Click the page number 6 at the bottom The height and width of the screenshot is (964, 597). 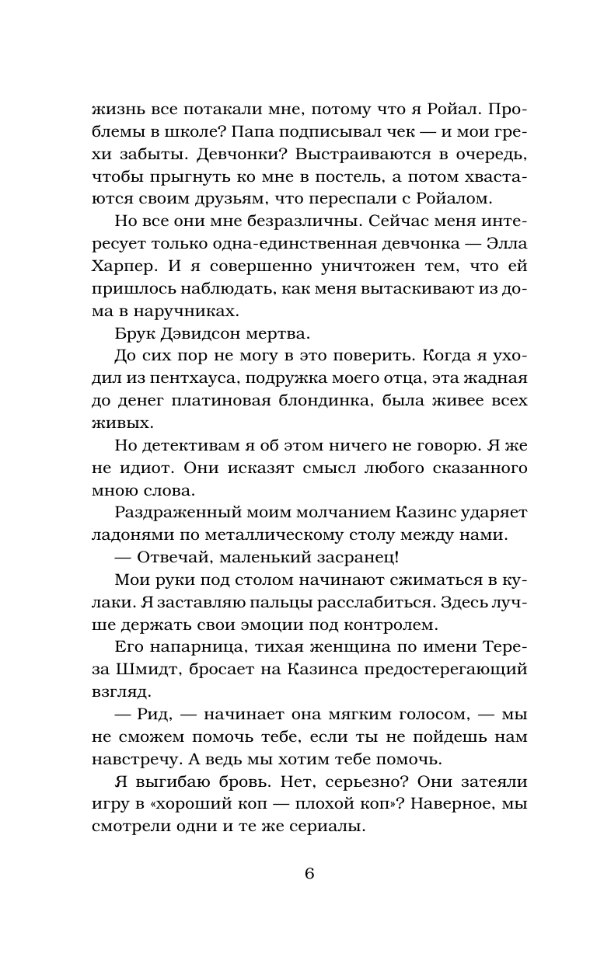[309, 872]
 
